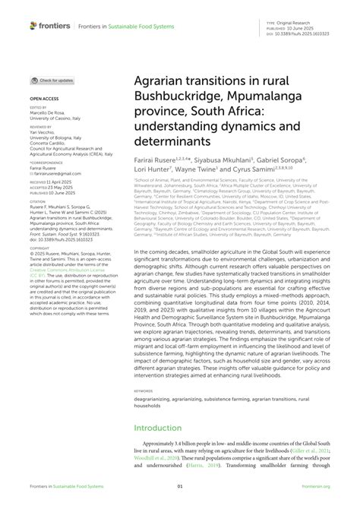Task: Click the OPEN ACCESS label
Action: (44, 99)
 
